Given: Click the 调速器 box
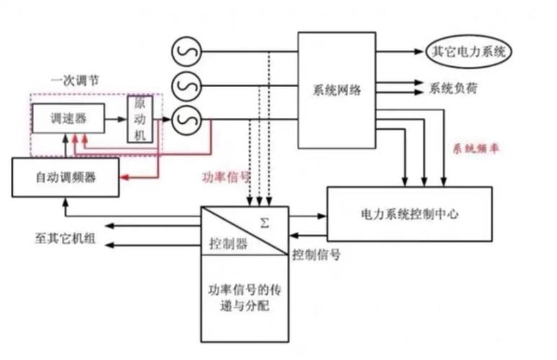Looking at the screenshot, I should pyautogui.click(x=68, y=117).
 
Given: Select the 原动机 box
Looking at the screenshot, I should pyautogui.click(x=140, y=117).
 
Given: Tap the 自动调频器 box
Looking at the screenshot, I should pyautogui.click(x=65, y=177).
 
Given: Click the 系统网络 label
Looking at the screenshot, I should pyautogui.click(x=337, y=91).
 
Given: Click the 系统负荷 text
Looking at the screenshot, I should pyautogui.click(x=453, y=89).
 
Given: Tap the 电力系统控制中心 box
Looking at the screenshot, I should pyautogui.click(x=409, y=214).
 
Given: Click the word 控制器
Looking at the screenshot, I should pyautogui.click(x=228, y=243).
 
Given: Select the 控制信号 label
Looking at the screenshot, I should pyautogui.click(x=316, y=254).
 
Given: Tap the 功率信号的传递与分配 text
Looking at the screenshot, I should pyautogui.click(x=244, y=300).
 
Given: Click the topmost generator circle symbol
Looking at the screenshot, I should pyautogui.click(x=185, y=51).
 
